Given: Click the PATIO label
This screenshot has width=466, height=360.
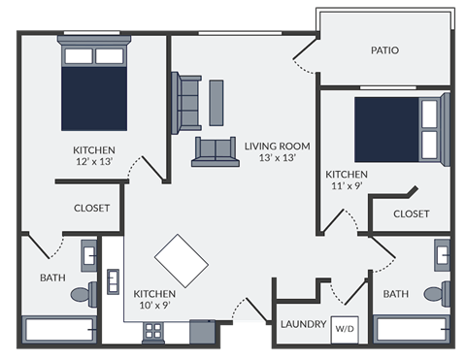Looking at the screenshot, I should [384, 50].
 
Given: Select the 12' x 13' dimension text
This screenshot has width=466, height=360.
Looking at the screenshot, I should [94, 163].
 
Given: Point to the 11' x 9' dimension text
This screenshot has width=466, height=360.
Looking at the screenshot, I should [346, 187].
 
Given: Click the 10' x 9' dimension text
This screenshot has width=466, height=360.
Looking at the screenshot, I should [154, 306].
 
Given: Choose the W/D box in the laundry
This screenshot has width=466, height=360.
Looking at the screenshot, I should [345, 328].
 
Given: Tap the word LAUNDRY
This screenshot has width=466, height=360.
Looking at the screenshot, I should [302, 324].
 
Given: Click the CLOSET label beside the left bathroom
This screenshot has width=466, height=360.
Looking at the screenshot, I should [92, 208].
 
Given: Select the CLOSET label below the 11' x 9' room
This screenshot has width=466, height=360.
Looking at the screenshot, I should [412, 213].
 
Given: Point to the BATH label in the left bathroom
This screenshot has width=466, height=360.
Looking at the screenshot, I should [51, 278].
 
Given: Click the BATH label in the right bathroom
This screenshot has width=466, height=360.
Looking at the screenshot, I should [395, 294].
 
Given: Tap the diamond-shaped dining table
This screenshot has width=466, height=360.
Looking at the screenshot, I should [182, 259].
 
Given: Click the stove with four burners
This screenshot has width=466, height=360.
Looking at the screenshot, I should [153, 332].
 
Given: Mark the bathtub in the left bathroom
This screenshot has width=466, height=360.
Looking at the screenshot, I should [58, 329].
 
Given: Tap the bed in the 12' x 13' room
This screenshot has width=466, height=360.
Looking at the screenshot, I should [95, 86].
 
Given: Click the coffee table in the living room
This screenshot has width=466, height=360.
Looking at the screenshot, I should [216, 102].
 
